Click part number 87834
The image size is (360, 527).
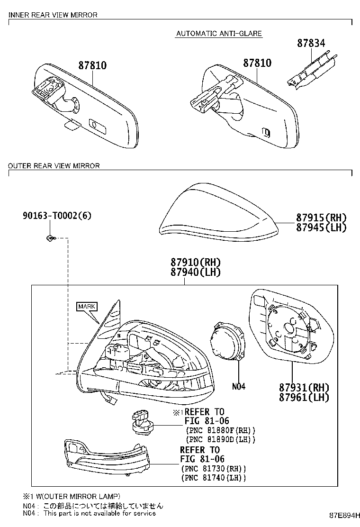(311, 43)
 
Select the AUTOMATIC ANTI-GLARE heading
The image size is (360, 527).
(219, 33)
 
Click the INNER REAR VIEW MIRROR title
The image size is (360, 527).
(53, 15)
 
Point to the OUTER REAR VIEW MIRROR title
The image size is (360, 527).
(54, 166)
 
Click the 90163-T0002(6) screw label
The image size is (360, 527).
(57, 216)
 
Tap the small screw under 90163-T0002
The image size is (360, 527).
(50, 238)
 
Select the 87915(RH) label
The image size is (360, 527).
(321, 218)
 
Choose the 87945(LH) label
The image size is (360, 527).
(321, 227)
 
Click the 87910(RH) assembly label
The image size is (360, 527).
(196, 262)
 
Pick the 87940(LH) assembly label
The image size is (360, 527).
(196, 272)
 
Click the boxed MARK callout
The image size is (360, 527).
(87, 306)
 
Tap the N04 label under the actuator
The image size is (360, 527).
(239, 387)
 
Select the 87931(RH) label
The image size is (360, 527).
(304, 388)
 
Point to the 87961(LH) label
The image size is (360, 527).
(304, 397)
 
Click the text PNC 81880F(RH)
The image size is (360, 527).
(220, 430)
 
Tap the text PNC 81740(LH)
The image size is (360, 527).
(213, 477)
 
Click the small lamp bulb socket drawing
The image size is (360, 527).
(142, 422)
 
